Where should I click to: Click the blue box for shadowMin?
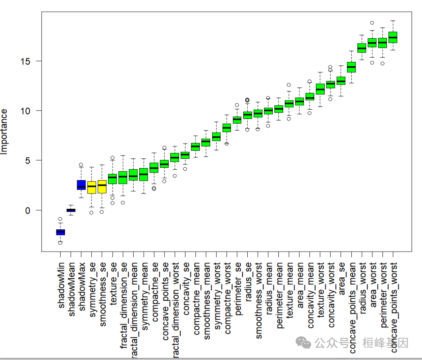point(61,232)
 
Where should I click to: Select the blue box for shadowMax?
point(81,185)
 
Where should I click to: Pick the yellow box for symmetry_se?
point(92,187)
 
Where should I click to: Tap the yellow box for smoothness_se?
point(102,187)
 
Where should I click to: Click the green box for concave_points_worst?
point(393,37)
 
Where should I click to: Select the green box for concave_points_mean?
point(351,67)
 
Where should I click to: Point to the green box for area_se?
point(341,81)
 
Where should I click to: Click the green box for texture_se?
point(113,179)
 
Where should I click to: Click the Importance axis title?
point(5,131)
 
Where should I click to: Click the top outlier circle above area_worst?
point(372,23)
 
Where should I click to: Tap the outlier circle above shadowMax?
point(81,165)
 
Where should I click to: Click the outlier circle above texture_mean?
point(289,85)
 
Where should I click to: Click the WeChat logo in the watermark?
point(303,343)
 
